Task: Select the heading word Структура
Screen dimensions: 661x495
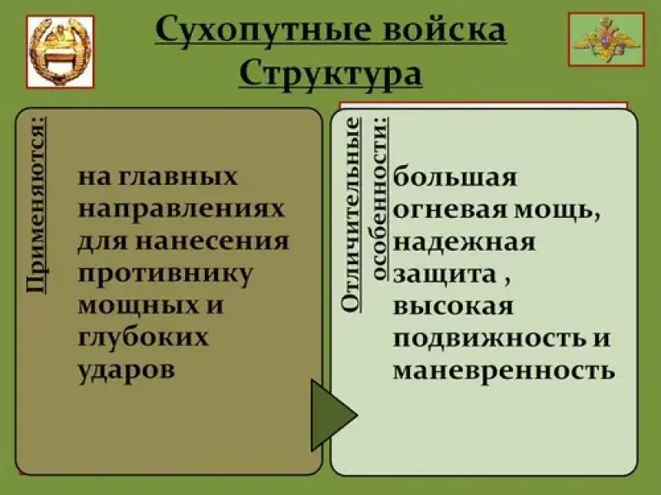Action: coord(330,74)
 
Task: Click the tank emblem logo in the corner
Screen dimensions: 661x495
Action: coord(60,52)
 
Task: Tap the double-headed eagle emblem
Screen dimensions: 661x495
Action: coord(606,40)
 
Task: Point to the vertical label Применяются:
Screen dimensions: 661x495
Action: coord(36,205)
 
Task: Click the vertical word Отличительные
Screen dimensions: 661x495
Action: coord(350,214)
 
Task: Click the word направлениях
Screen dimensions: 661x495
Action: coord(182,210)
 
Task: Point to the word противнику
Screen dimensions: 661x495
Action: coord(166,275)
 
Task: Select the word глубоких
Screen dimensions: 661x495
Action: coord(143,338)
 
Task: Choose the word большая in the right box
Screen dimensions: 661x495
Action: coord(455,177)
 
